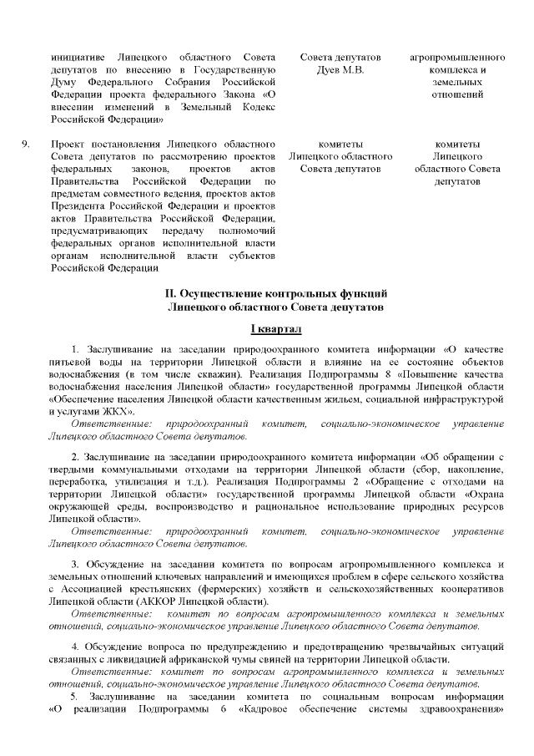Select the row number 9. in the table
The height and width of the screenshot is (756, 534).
pyautogui.click(x=26, y=143)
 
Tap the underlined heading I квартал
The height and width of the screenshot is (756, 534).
pyautogui.click(x=266, y=330)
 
